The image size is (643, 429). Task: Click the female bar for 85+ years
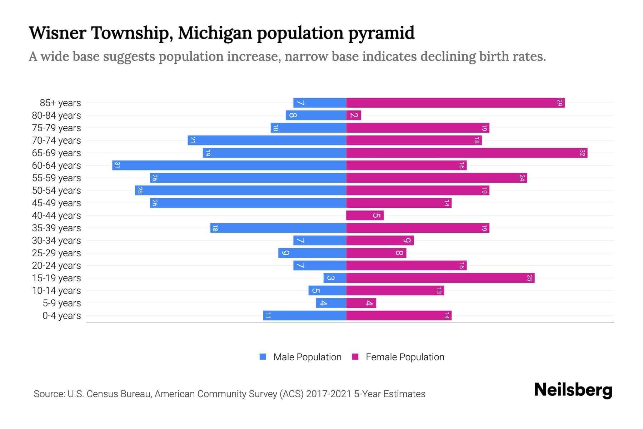pos(455,103)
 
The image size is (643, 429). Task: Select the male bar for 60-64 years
pos(229,166)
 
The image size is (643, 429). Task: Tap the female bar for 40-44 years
pos(364,216)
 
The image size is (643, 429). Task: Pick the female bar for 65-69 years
pos(467,153)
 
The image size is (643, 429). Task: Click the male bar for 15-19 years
pos(335,278)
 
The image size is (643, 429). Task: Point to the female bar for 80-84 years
pos(353,115)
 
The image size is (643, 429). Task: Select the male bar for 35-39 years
pos(278,228)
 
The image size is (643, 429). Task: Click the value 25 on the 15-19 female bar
pos(529,278)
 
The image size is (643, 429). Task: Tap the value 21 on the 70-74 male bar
pos(193,140)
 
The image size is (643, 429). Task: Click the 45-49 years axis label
pos(56,203)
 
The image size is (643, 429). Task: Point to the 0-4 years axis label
pos(61,316)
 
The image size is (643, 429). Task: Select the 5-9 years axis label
pos(61,303)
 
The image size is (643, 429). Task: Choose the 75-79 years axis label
pos(56,128)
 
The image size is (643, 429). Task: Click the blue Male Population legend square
pos(263,357)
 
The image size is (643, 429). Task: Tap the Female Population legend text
pos(405,357)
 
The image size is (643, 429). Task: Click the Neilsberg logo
pos(573,390)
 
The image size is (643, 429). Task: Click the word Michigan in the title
pos(215,33)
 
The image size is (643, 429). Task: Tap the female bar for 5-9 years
pos(361,303)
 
